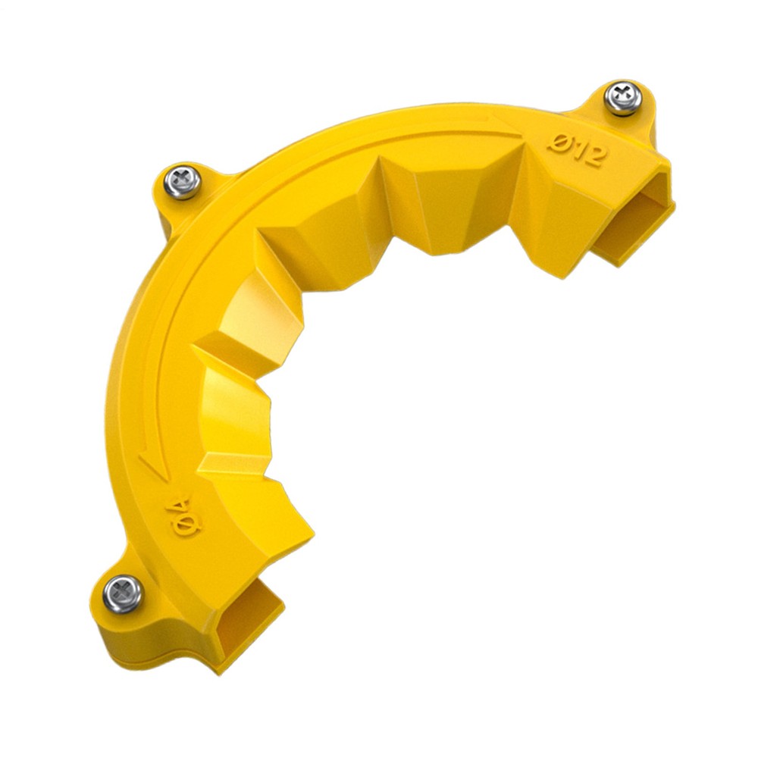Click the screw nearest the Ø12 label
[x=622, y=98]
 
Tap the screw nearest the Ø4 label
[x=123, y=594]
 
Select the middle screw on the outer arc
[x=182, y=182]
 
